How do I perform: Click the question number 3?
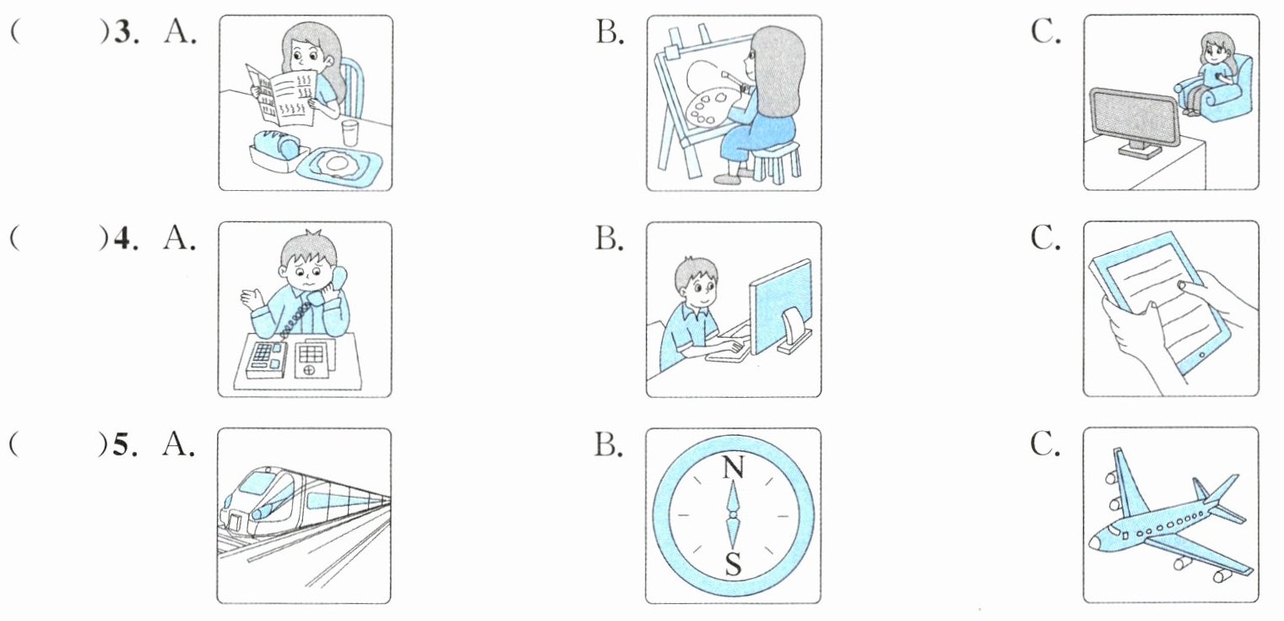tap(122, 33)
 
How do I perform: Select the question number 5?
tap(121, 444)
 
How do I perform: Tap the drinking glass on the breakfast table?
tap(350, 133)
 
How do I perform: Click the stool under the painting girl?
tap(777, 162)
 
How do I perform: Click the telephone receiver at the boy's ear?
tap(339, 277)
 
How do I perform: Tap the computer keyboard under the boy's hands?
tap(727, 347)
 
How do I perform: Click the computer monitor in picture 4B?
tap(780, 306)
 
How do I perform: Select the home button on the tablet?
tap(1203, 356)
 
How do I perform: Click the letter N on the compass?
tap(732, 467)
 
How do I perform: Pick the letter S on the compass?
tap(733, 564)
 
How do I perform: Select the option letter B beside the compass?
tap(608, 444)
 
